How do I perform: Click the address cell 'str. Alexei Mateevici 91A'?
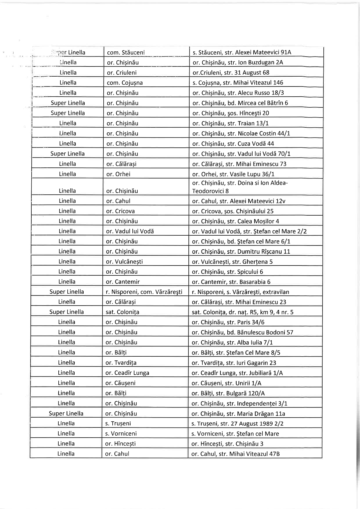pos(242,53)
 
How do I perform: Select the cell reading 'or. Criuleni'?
pos(122,73)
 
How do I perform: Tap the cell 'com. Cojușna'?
pos(125,83)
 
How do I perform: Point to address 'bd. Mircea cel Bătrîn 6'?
pos(240,103)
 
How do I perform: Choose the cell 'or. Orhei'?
pos(118,174)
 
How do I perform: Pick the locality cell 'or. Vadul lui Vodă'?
pos(130,231)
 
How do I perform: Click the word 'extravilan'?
pos(276,292)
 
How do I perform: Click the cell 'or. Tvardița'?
pos(121,363)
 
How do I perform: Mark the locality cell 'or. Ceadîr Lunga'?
pos(127,373)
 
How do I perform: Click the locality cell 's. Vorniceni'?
pos(121,434)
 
